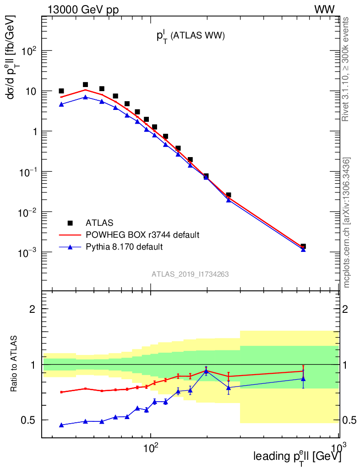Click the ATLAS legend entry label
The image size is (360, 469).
tap(99, 223)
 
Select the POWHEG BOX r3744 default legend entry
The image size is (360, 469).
tap(142, 235)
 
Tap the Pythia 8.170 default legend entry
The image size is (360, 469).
tap(124, 247)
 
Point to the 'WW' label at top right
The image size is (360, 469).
tap(324, 10)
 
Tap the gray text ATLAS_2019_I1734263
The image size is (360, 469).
tap(190, 274)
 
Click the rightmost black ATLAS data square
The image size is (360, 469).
tap(303, 246)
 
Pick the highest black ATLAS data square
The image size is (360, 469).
tap(85, 85)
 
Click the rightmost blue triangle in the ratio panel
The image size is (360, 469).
tap(303, 379)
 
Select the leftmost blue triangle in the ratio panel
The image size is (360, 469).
tap(61, 425)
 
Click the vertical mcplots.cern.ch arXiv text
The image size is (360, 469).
tap(347, 223)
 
